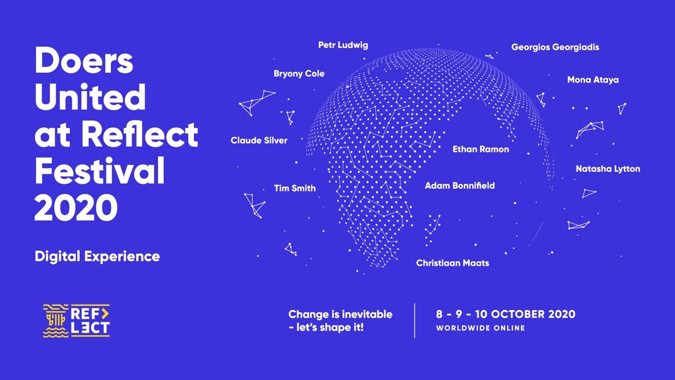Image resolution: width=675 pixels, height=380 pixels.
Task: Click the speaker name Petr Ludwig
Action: pyautogui.click(x=343, y=45)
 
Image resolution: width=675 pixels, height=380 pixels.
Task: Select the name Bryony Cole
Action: pyautogui.click(x=299, y=74)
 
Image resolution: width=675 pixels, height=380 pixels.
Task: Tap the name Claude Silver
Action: pyautogui.click(x=259, y=140)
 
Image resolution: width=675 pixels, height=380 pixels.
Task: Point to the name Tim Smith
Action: pyautogui.click(x=295, y=188)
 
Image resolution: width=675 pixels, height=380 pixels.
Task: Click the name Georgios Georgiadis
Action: pyautogui.click(x=555, y=47)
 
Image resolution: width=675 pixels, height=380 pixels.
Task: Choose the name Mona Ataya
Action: pyautogui.click(x=592, y=80)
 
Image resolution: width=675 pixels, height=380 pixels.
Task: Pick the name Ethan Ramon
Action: pyautogui.click(x=480, y=149)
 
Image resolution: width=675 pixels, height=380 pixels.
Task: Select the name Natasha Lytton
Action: pyautogui.click(x=607, y=169)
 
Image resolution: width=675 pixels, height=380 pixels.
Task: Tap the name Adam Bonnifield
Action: pyautogui.click(x=460, y=185)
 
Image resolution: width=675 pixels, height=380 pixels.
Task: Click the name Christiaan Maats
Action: pyautogui.click(x=452, y=263)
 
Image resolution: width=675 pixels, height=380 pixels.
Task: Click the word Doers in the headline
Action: pyautogui.click(x=84, y=61)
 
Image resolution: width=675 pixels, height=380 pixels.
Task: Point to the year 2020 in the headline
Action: pyautogui.click(x=76, y=207)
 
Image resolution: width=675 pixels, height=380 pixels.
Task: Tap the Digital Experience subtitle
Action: pyautogui.click(x=97, y=257)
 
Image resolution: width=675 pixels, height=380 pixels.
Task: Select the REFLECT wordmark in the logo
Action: pyautogui.click(x=90, y=321)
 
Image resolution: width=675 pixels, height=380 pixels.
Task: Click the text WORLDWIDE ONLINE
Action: pyautogui.click(x=480, y=328)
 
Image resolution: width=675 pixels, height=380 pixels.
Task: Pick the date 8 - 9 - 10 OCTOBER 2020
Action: pyautogui.click(x=505, y=314)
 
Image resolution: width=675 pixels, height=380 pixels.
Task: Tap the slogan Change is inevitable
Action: pyautogui.click(x=340, y=314)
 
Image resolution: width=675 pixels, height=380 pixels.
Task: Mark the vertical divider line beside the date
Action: pyautogui.click(x=415, y=321)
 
